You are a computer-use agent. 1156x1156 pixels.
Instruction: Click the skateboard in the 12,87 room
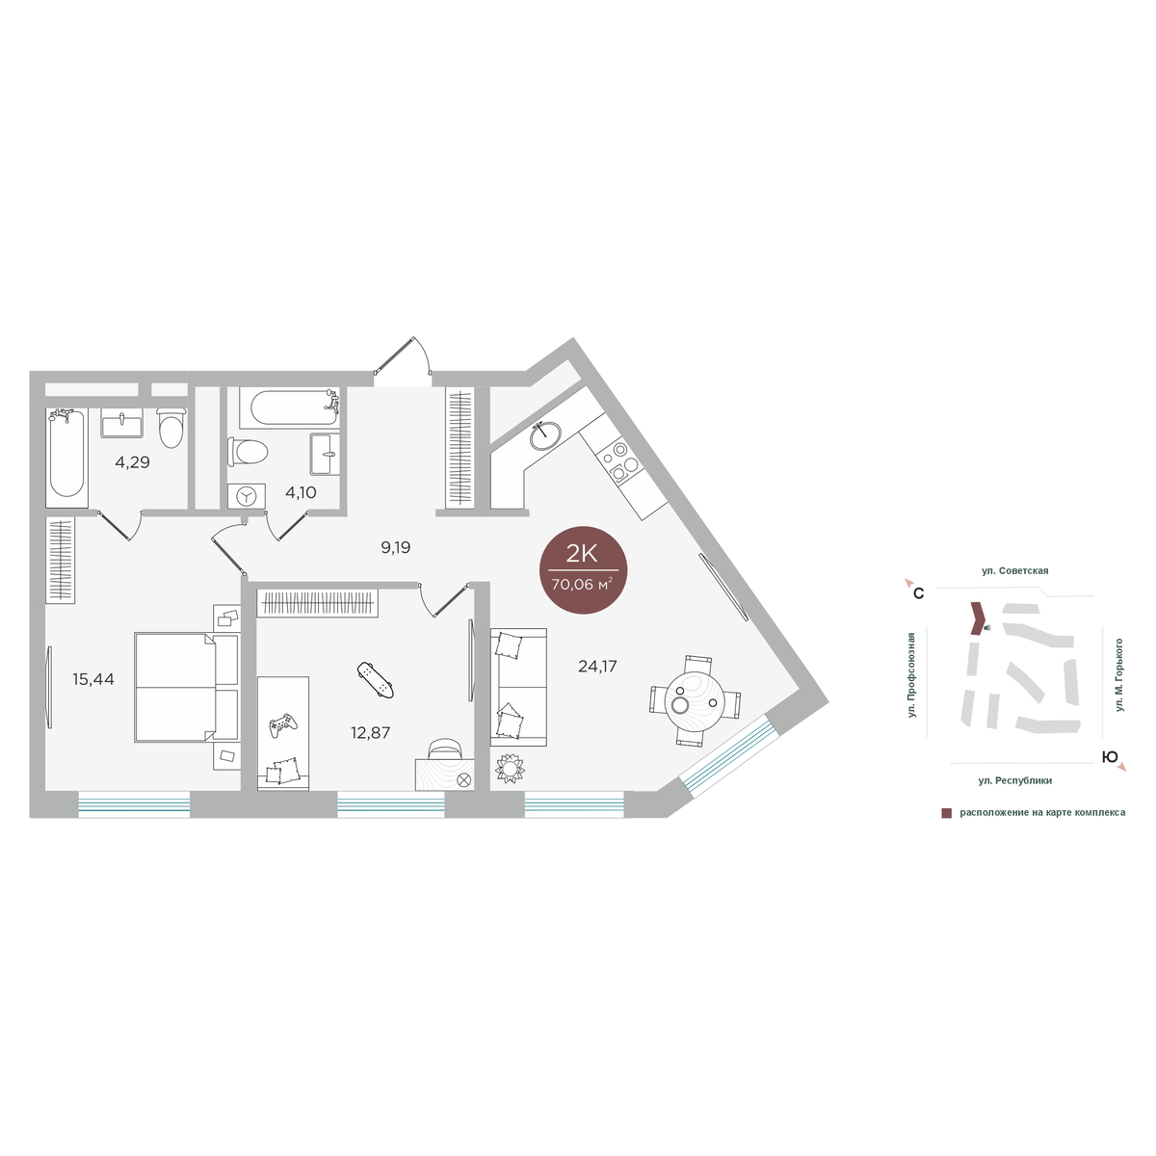tap(375, 680)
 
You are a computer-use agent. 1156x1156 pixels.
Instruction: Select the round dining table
tap(694, 700)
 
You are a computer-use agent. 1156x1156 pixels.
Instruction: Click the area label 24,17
tap(597, 666)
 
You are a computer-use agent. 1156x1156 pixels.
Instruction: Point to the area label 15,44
tap(93, 679)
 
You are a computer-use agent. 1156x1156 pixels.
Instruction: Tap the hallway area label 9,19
tap(395, 547)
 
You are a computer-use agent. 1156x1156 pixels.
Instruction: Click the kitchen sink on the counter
tap(545, 434)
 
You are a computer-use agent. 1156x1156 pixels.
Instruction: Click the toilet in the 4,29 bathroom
tap(171, 428)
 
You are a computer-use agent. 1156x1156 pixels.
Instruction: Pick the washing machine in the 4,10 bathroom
tap(247, 496)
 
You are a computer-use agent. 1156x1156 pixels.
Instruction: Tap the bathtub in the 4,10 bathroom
tap(290, 407)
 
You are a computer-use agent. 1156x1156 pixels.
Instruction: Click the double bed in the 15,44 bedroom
tap(187, 687)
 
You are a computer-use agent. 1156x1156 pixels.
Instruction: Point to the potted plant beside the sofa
tap(510, 768)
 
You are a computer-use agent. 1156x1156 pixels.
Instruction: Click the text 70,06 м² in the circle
tap(582, 585)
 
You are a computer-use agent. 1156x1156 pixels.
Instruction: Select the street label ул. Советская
tap(1015, 570)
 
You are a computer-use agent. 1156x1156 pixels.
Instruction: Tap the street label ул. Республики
tap(1015, 780)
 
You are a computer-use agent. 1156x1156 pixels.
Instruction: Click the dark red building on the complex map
tap(976, 617)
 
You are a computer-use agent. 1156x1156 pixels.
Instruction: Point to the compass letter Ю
tap(1110, 757)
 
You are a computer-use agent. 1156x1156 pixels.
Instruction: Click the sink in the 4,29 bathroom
tap(121, 423)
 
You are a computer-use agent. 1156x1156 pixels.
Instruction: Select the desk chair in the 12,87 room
tap(444, 749)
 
